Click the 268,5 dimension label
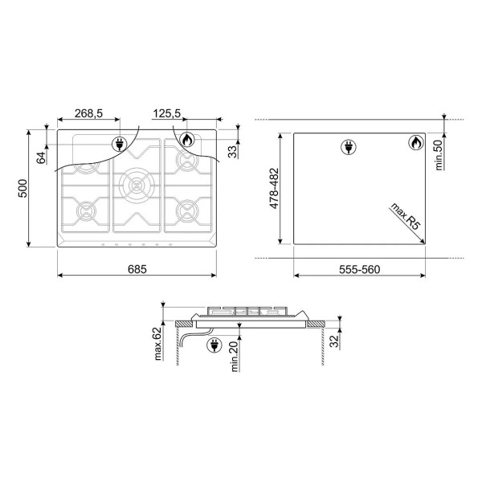(x=88, y=113)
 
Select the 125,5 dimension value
(x=166, y=113)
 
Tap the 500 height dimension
(x=22, y=189)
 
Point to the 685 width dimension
(x=137, y=269)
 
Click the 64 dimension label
(x=41, y=158)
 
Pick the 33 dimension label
(x=234, y=152)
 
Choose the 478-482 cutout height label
(x=274, y=189)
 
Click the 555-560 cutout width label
(x=360, y=269)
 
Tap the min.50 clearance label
(x=439, y=154)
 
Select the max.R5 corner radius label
(x=405, y=216)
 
